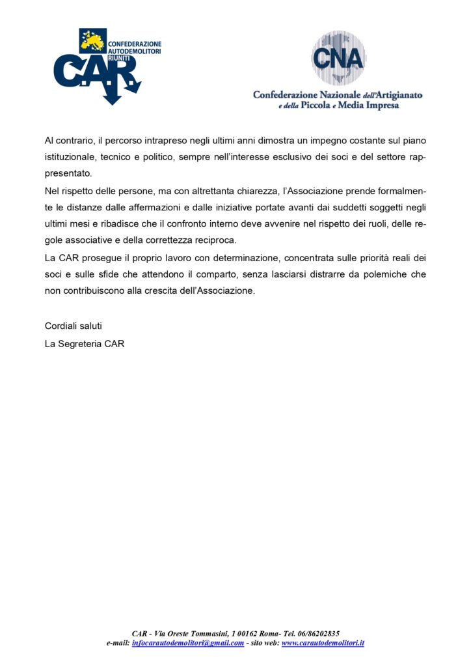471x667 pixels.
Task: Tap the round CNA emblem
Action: click(338, 58)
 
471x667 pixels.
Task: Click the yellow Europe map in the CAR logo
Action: click(92, 40)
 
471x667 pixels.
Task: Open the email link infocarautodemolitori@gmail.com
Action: click(188, 643)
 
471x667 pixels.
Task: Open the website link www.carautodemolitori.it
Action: click(323, 643)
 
